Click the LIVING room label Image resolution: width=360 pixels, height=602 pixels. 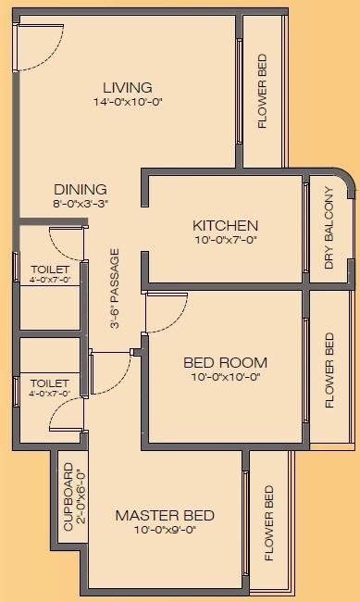pos(128,88)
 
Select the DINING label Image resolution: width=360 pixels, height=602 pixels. pos(80,189)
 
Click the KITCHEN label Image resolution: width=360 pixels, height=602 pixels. pos(225,226)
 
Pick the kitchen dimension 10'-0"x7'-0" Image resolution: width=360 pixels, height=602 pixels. pos(225,240)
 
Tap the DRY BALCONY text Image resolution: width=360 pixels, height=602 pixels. pos(329,229)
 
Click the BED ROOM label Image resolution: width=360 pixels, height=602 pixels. pos(225,362)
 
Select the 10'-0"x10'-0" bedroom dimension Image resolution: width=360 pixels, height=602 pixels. pos(225,377)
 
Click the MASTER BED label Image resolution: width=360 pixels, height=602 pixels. pos(165,516)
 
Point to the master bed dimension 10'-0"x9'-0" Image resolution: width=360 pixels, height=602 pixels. pos(165,531)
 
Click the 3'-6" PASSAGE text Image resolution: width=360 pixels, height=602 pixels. pos(115,288)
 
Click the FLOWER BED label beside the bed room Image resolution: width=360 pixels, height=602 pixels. pos(329,370)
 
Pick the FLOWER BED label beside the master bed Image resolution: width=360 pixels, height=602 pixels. pos(269,523)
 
